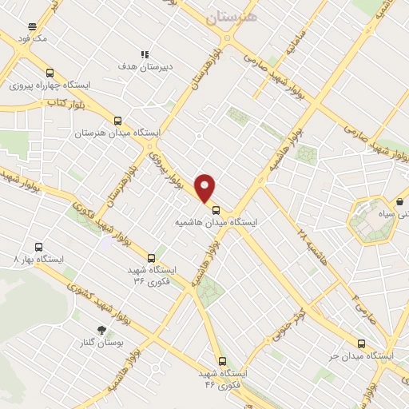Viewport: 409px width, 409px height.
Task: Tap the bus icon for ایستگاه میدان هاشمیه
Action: pos(215,211)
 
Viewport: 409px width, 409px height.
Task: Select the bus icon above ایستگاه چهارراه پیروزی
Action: pos(50,72)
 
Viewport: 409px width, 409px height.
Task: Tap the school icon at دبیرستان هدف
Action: pos(145,54)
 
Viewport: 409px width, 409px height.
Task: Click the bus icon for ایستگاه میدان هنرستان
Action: pos(118,118)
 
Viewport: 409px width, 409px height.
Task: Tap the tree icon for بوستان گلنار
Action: pos(101,330)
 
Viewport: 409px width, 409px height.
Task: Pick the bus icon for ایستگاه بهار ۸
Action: pos(36,247)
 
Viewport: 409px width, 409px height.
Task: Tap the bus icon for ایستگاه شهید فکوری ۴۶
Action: pos(222,361)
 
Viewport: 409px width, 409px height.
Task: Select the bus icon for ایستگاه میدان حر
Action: pos(362,343)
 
